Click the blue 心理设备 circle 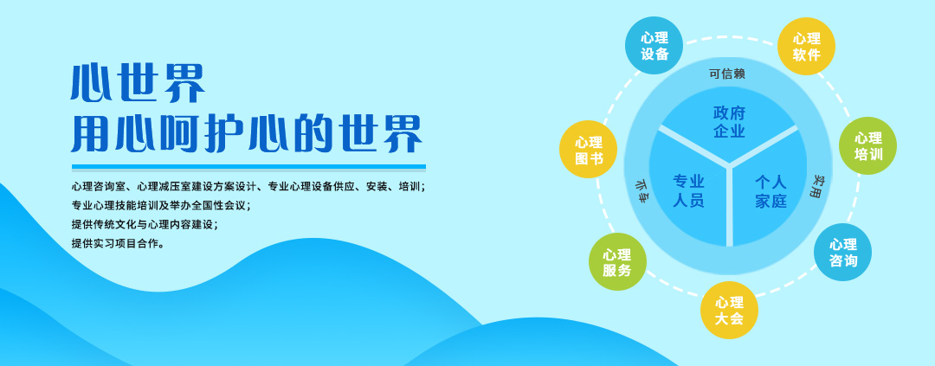pos(654,46)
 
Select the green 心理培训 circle pos(867,146)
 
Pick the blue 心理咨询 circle pos(842,252)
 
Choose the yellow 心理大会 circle pos(729,310)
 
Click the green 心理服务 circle pos(617,261)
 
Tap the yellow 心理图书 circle pos(589,150)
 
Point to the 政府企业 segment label pos(729,122)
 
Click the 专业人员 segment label pos(689,190)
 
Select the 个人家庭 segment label pos(771,190)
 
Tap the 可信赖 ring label pos(727,74)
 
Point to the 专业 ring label pos(640,190)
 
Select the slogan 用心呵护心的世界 pos(247,133)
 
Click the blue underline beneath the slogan pos(248,168)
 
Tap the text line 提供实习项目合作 pos(118,243)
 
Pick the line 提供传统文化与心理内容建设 pos(145,225)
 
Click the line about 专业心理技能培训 pos(160,206)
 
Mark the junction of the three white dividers pos(729,164)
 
